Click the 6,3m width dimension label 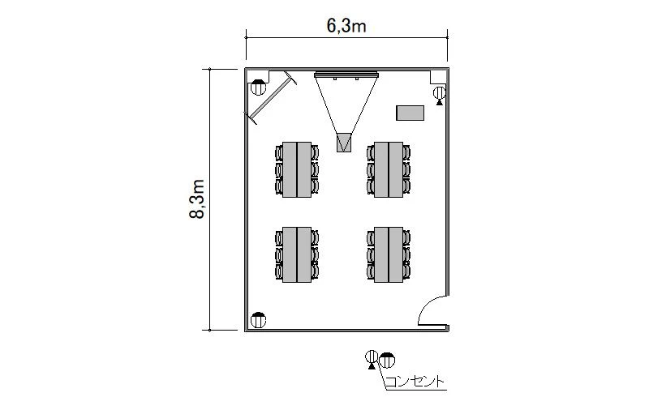(346, 26)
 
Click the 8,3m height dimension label (197, 199)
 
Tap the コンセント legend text (415, 382)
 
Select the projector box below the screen (343, 143)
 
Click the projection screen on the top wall (346, 75)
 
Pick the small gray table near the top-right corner (410, 113)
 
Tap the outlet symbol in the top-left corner (258, 88)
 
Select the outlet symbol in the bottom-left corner (258, 320)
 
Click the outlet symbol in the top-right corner (439, 95)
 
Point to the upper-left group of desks (297, 169)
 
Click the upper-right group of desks (389, 169)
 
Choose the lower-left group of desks (297, 254)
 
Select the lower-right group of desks (389, 254)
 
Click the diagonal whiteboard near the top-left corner (270, 97)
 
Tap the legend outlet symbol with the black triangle (372, 359)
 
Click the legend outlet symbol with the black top (387, 361)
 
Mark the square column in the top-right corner (438, 77)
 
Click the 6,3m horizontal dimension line (346, 37)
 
